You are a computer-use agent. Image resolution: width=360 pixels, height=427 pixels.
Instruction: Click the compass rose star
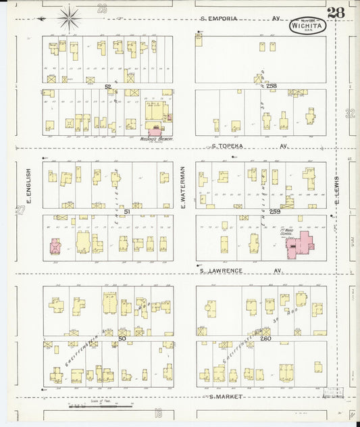point(70,16)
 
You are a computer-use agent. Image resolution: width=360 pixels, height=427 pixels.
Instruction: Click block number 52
point(108,86)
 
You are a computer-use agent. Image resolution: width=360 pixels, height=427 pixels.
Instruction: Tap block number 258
point(272,86)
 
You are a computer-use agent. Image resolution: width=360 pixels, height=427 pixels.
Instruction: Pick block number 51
point(107,211)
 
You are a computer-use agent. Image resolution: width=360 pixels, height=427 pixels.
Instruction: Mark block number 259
point(275,211)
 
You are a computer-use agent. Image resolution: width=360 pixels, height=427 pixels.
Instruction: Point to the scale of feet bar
point(100,407)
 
